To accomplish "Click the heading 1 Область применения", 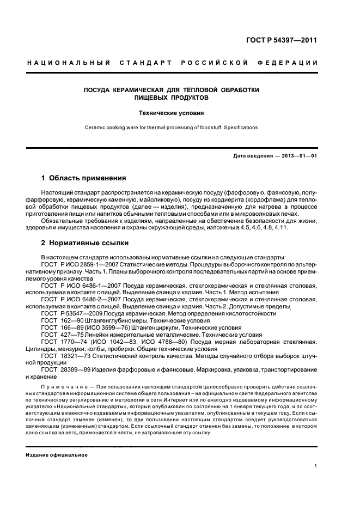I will (84, 178).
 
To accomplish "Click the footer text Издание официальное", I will (56, 455).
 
